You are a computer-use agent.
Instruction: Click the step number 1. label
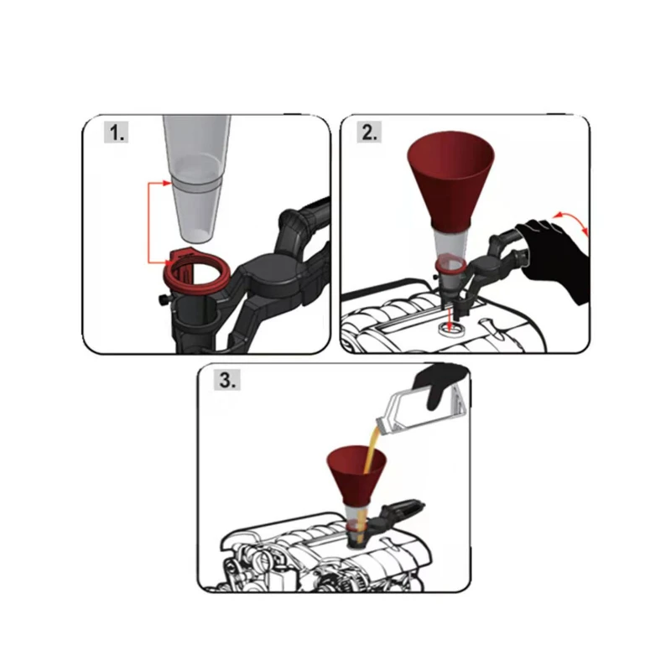[116, 133]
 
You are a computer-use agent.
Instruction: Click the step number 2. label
[369, 133]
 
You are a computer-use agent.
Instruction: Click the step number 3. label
[226, 380]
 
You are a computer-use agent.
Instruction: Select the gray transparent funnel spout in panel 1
[197, 179]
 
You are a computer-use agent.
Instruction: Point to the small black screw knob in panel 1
[164, 300]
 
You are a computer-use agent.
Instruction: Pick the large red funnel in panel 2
[450, 179]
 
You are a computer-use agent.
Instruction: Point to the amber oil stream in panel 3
[369, 479]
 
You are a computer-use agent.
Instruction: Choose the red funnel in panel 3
[356, 474]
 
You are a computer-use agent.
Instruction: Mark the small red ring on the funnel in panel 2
[451, 264]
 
